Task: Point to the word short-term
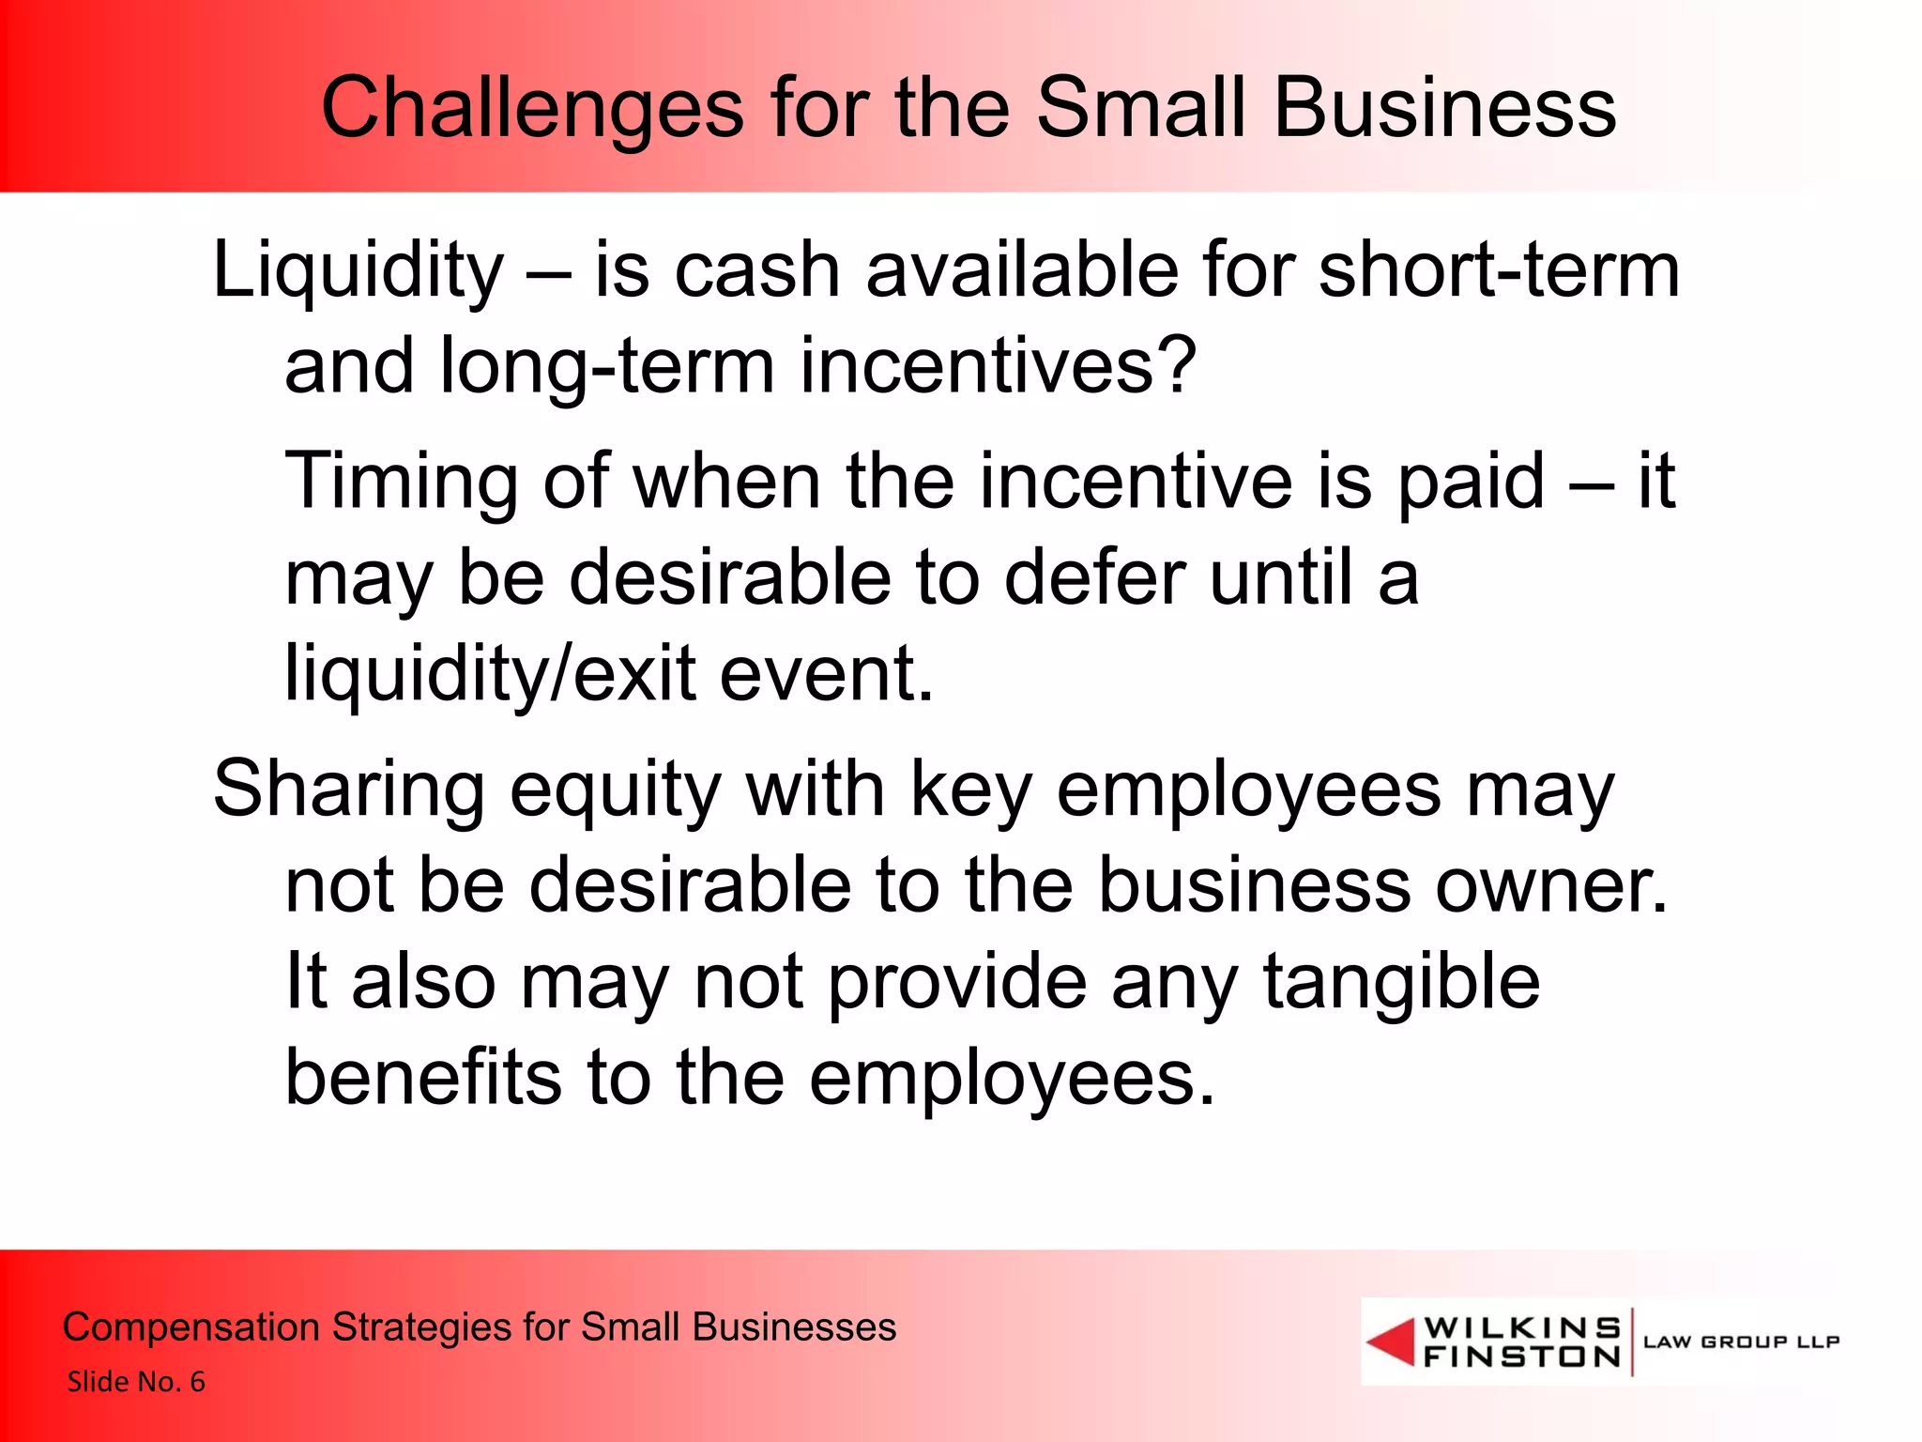pyautogui.click(x=1499, y=270)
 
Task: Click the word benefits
pyautogui.click(x=423, y=1078)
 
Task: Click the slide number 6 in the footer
pyautogui.click(x=197, y=1382)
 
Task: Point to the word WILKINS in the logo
pyautogui.click(x=1521, y=1327)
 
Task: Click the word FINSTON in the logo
pyautogui.click(x=1521, y=1357)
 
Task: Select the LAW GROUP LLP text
pyautogui.click(x=1741, y=1342)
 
